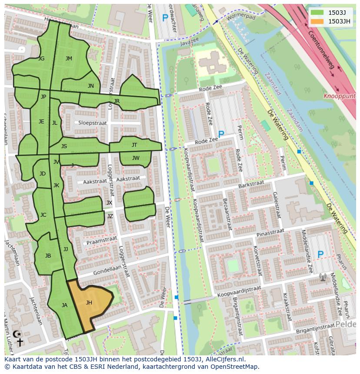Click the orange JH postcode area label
[89, 303]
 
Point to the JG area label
[41, 59]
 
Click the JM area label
[69, 59]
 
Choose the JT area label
[134, 145]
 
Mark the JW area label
[136, 158]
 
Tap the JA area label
[64, 305]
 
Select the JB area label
[48, 256]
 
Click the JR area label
[117, 101]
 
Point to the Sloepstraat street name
[93, 123]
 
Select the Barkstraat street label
[251, 185]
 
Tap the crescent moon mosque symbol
[17, 334]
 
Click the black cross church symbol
[20, 343]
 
